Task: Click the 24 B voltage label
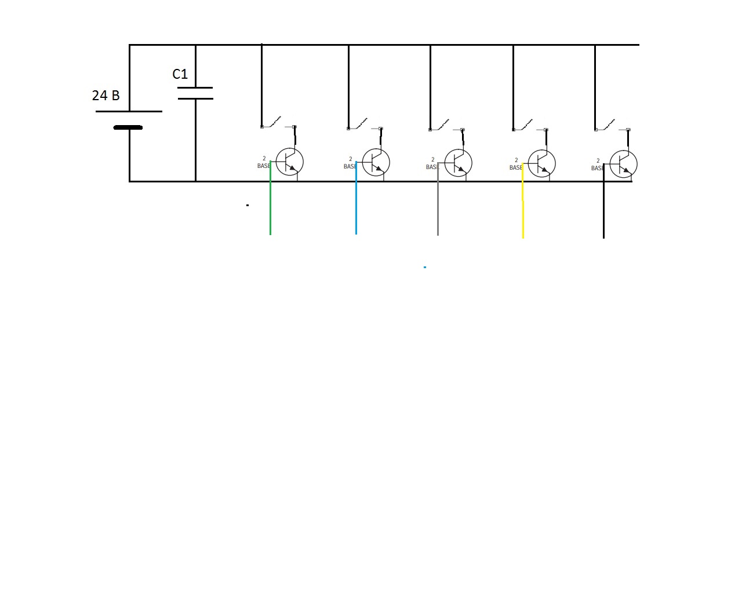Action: coord(106,96)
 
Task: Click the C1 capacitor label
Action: coord(180,74)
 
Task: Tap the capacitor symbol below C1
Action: coord(195,93)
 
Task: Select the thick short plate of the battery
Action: coord(128,127)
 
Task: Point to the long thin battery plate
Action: coord(129,111)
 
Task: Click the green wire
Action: coord(270,203)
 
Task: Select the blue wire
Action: coord(356,203)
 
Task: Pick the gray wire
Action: coord(438,203)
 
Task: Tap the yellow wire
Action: coord(523,203)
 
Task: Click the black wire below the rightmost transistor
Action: coord(603,208)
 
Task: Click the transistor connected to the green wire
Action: coord(289,162)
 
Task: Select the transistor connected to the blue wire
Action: coord(376,162)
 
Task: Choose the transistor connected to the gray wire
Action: coord(458,163)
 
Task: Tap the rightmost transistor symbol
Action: coord(623,164)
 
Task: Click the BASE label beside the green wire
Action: coord(264,166)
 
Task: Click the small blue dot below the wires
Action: coord(425,267)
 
